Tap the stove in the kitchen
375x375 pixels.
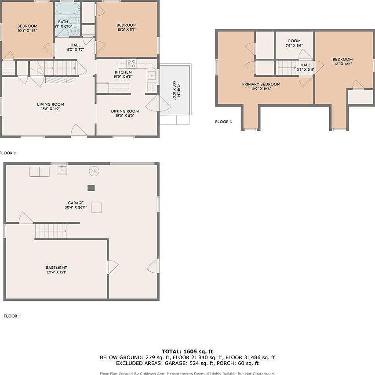131,63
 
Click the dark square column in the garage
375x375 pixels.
91,188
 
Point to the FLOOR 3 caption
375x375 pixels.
223,121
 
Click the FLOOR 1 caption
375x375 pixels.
12,316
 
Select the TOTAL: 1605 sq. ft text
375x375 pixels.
187,351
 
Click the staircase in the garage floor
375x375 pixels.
50,230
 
